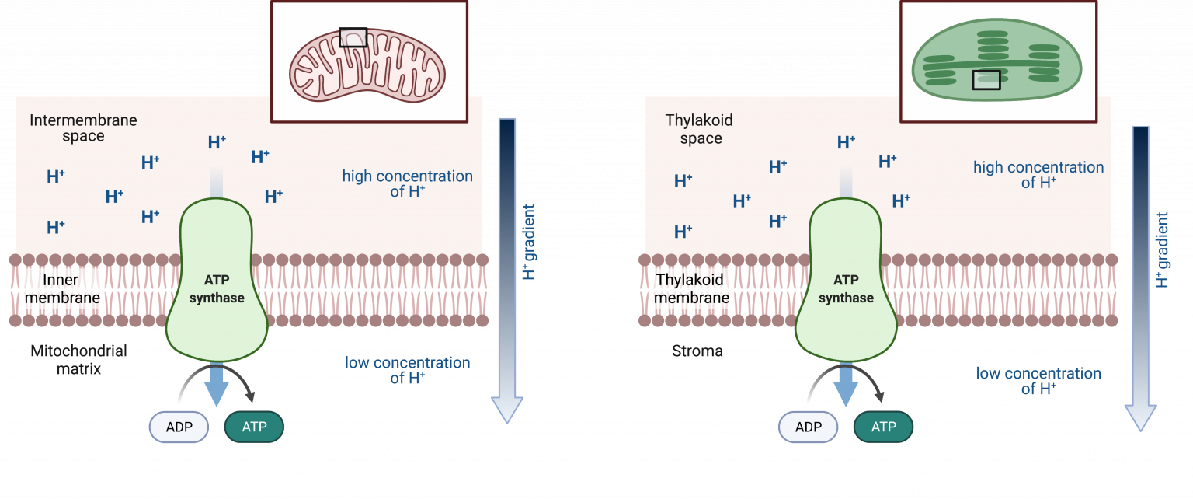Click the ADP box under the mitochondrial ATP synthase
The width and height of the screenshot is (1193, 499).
(x=179, y=427)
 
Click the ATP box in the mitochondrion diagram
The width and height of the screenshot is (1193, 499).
(x=254, y=427)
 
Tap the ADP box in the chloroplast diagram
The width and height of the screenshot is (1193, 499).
(x=809, y=427)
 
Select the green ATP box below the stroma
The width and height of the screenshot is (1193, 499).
(x=883, y=427)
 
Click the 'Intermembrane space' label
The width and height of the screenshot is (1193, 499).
(x=83, y=128)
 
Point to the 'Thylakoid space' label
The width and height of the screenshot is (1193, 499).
(x=700, y=130)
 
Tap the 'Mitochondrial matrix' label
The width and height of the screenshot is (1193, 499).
(x=78, y=360)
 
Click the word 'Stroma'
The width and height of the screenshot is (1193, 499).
(x=697, y=351)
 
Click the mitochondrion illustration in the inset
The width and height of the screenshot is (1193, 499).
(x=368, y=62)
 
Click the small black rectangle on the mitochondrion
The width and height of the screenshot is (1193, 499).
(x=353, y=37)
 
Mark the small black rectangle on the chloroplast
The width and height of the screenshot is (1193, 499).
(x=986, y=79)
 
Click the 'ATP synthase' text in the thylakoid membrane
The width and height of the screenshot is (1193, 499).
(x=846, y=288)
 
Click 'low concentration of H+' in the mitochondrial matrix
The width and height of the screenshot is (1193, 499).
(x=408, y=371)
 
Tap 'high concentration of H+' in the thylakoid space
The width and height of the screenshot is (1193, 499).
(x=1038, y=175)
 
